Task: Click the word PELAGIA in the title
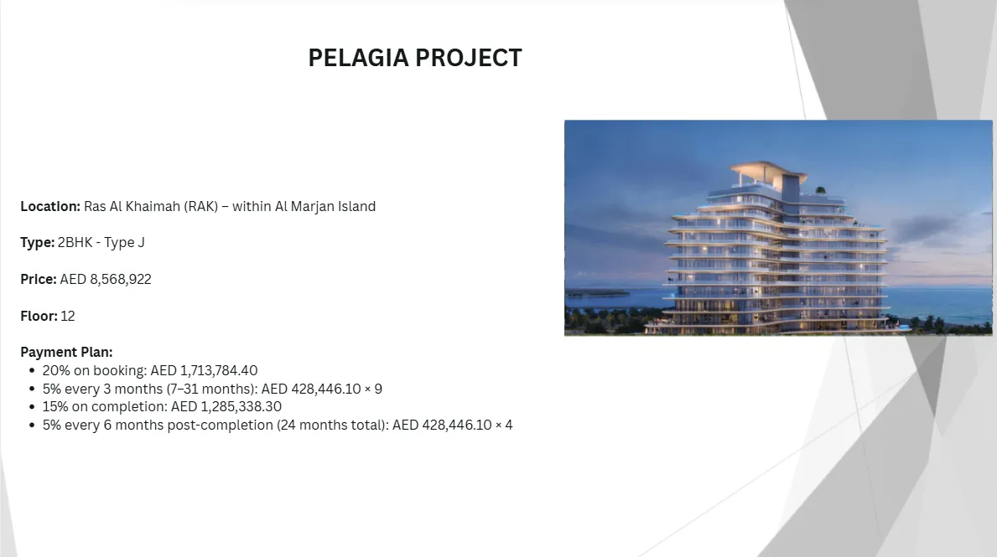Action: pos(358,58)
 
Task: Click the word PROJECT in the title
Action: pos(469,58)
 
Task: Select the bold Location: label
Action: pos(50,206)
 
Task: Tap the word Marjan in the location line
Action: pos(312,207)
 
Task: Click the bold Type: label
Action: pos(38,243)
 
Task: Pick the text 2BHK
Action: pos(75,243)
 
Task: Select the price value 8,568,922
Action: pos(121,280)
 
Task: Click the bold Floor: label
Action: pos(39,316)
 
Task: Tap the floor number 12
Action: pos(68,316)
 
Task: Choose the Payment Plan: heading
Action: pos(66,352)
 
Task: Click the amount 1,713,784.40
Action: pos(219,370)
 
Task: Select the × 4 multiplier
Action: pos(504,425)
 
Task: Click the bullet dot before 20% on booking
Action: pos(32,370)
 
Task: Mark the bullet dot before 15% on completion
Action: pos(32,406)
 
